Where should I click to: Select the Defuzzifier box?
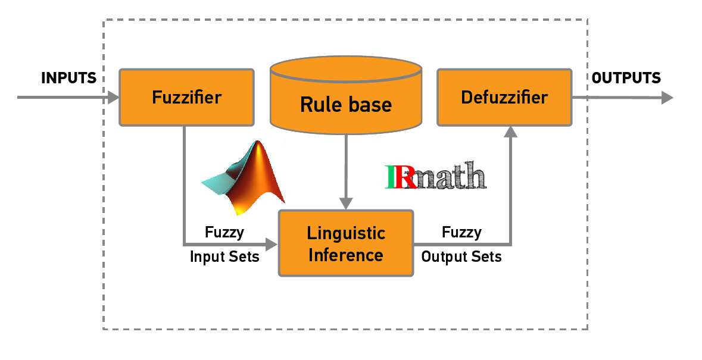tap(504, 97)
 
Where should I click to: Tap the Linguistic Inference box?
tap(346, 243)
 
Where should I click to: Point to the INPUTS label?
tap(68, 78)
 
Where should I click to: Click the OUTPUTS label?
tap(626, 78)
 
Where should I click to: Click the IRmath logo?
tap(436, 177)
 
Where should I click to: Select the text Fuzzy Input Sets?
tap(224, 244)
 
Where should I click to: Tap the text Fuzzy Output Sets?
tap(461, 244)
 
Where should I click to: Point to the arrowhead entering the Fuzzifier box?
tap(113, 97)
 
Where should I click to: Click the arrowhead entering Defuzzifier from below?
tap(510, 132)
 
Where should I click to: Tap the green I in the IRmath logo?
tap(392, 177)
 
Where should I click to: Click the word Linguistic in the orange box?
tap(346, 232)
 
